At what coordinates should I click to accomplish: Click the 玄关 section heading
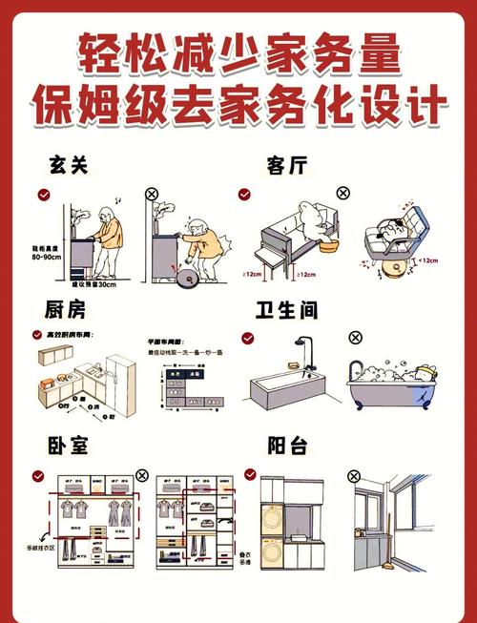click(68, 164)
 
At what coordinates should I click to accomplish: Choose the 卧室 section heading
click(67, 446)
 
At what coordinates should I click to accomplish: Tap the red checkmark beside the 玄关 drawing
click(44, 194)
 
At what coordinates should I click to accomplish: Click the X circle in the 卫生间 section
click(356, 338)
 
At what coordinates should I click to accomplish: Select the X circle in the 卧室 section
click(142, 474)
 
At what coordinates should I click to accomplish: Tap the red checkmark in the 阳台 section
click(250, 474)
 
